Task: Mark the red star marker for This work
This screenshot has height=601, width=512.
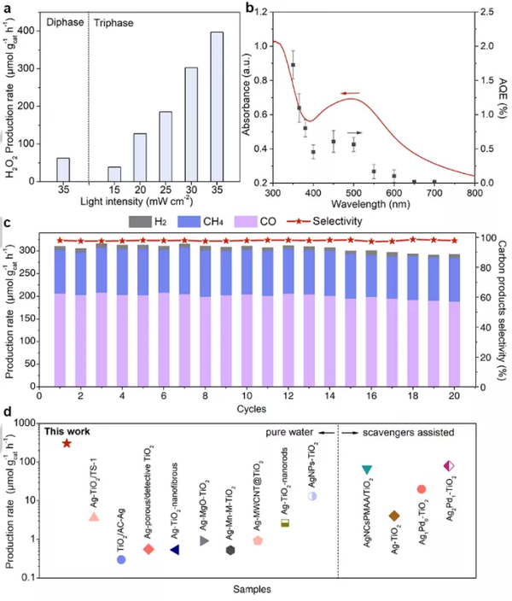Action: click(x=67, y=443)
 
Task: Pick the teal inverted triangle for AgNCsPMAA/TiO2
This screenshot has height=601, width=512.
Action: click(x=367, y=470)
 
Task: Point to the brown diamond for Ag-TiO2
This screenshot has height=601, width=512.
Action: click(x=394, y=516)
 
